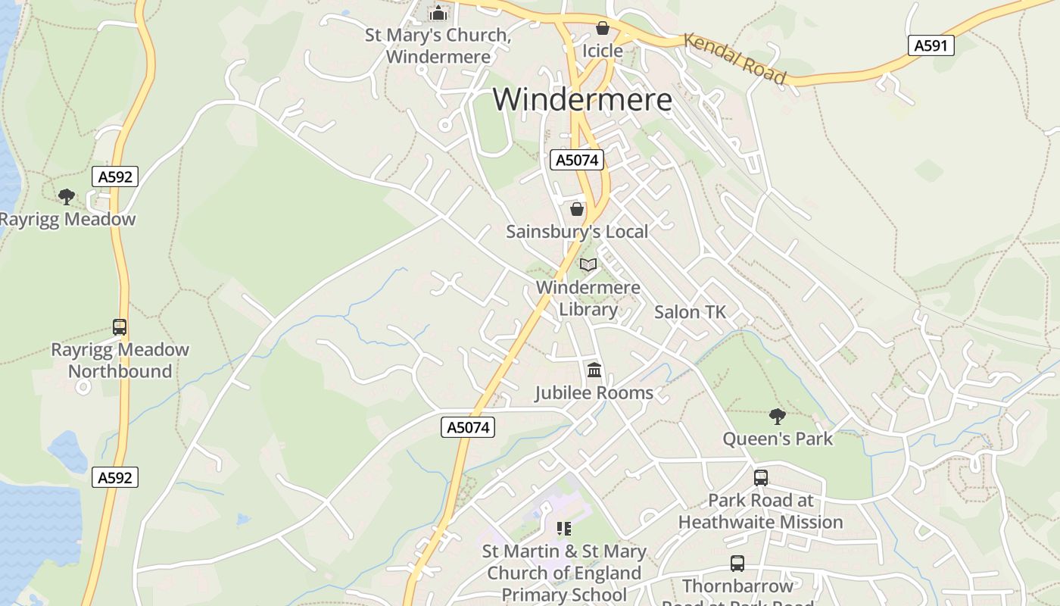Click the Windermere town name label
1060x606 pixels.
[x=582, y=100]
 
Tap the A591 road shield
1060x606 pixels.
[x=931, y=45]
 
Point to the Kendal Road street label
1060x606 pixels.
[x=734, y=58]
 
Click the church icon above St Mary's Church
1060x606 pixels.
[x=438, y=13]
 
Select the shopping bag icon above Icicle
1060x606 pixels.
[x=603, y=28]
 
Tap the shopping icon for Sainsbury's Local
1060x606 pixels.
[x=577, y=209]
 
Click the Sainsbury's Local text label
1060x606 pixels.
[x=577, y=232]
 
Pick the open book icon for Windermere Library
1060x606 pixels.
[x=588, y=264]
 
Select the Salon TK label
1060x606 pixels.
[x=690, y=312]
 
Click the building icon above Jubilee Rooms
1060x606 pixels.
[x=594, y=370]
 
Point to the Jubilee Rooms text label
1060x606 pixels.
[x=594, y=393]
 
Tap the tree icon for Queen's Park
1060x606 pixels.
[x=777, y=416]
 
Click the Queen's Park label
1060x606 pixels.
[x=778, y=439]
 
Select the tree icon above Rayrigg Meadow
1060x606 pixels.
[x=67, y=197]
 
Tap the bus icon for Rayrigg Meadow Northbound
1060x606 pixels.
[x=120, y=327]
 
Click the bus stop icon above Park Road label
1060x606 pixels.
[x=761, y=478]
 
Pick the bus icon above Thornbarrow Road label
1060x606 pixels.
[x=737, y=564]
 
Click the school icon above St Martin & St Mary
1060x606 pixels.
[x=563, y=528]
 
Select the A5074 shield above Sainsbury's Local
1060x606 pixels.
[x=577, y=160]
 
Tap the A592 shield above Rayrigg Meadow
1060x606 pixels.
[x=115, y=177]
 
